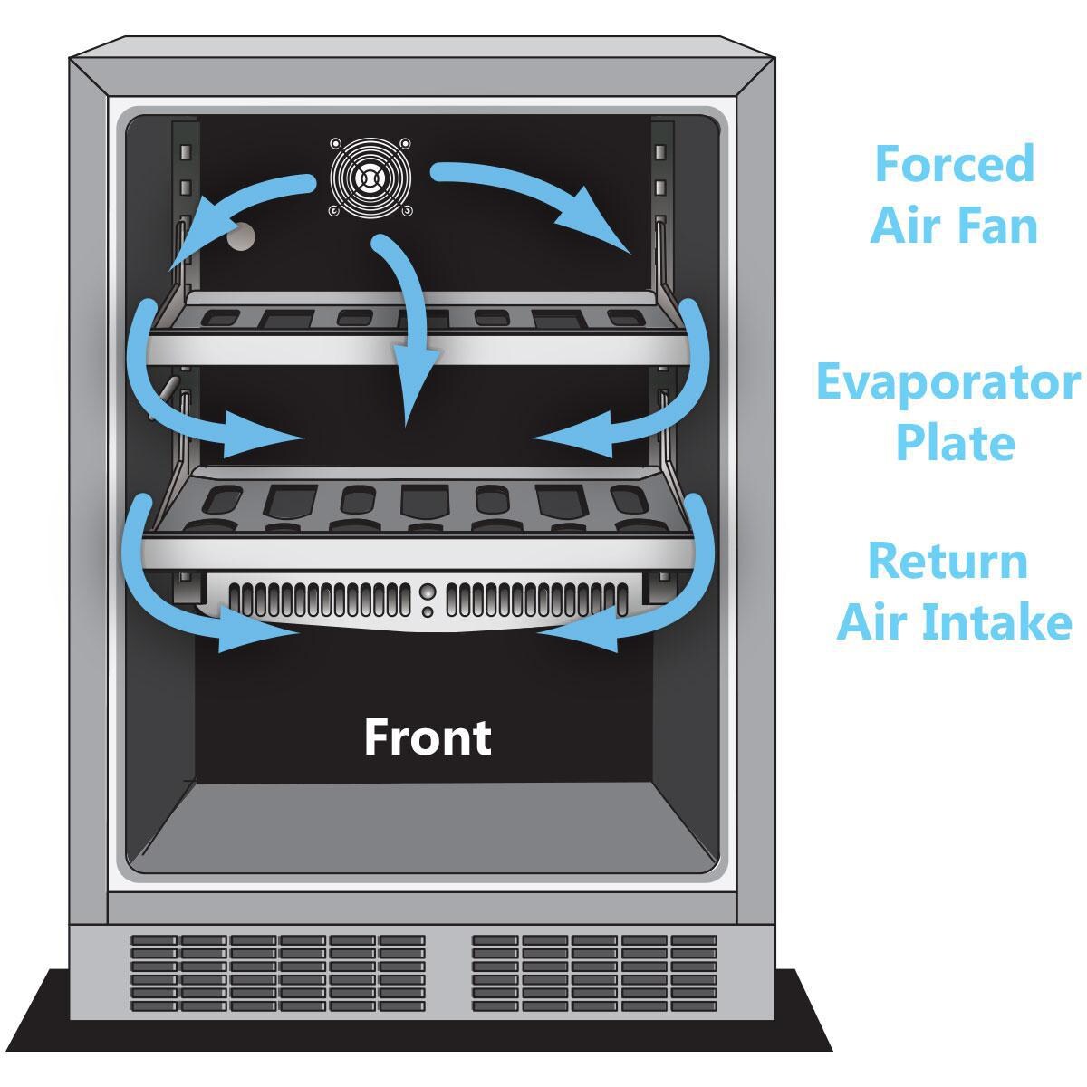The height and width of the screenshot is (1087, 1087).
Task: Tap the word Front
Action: [428, 737]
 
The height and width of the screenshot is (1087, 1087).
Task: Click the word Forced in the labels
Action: [954, 164]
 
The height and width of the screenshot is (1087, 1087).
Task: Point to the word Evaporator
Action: [948, 384]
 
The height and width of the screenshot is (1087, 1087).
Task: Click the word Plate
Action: [954, 442]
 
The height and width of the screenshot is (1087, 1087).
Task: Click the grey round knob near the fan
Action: [242, 238]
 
